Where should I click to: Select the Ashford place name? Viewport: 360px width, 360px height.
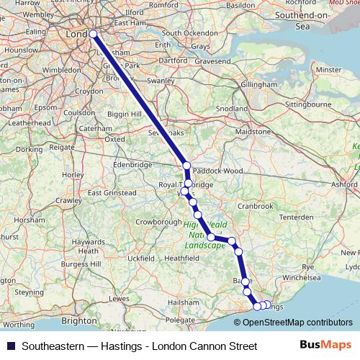345,185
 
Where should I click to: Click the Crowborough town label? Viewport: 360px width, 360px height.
157,222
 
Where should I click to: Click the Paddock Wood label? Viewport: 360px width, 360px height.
220,171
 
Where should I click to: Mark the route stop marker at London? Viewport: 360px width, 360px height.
93,34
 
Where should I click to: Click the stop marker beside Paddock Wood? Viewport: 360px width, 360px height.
187,166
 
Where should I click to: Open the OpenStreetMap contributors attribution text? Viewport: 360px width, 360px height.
297,322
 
